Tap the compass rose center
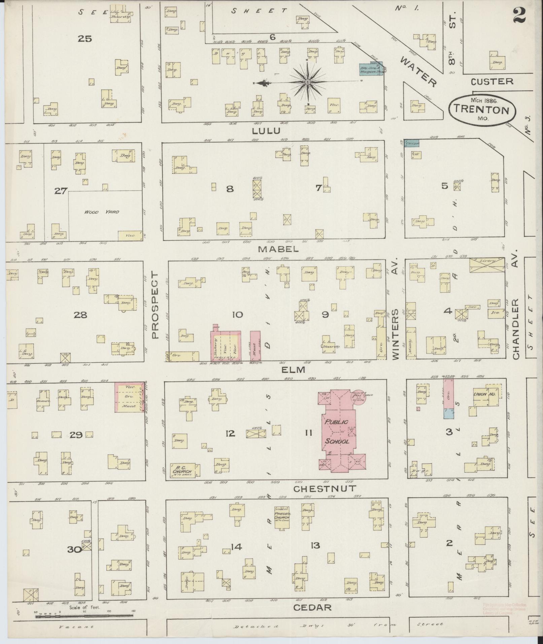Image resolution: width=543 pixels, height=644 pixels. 308,82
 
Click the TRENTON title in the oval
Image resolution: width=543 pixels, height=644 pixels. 482,110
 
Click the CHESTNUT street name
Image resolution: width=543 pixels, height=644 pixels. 324,488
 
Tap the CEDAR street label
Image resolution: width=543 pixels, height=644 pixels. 312,607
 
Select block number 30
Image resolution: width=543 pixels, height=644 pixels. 74,550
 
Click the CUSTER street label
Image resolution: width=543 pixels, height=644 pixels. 491,81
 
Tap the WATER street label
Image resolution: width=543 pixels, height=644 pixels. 418,71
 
